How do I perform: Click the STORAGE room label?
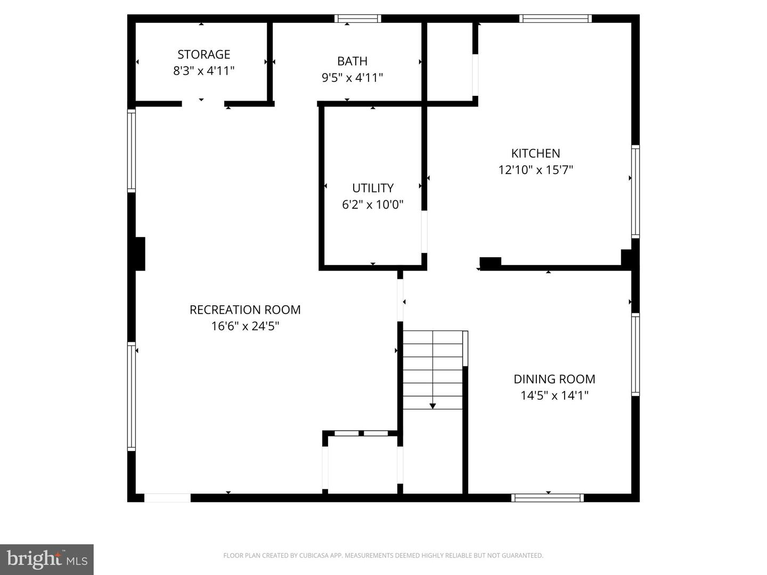click(x=203, y=54)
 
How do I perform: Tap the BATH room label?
click(x=352, y=61)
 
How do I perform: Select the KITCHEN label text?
click(x=535, y=153)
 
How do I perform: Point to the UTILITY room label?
click(x=373, y=188)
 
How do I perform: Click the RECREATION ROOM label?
click(x=245, y=309)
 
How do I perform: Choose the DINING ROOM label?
click(x=554, y=379)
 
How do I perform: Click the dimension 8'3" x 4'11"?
click(x=203, y=71)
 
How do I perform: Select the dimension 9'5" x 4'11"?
click(x=352, y=78)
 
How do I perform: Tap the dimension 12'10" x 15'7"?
click(x=535, y=170)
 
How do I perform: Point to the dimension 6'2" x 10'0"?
click(x=373, y=204)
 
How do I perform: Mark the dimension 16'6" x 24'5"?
click(x=245, y=326)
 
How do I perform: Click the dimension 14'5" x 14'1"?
click(x=554, y=396)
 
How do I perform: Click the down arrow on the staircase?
click(x=433, y=406)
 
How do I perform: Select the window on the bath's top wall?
click(x=357, y=19)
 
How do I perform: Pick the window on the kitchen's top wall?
click(x=556, y=19)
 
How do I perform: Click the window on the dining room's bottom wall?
click(x=547, y=498)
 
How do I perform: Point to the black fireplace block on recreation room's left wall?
click(x=140, y=254)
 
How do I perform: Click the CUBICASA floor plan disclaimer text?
click(x=383, y=555)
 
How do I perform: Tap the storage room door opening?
click(x=203, y=104)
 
